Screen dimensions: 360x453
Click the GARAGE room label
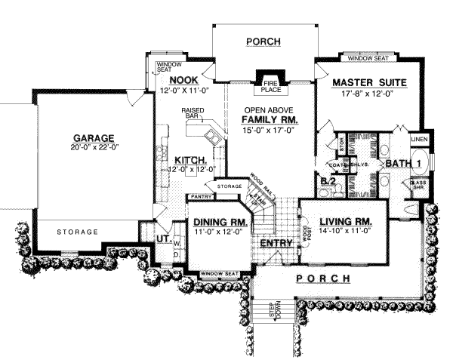pos(93,138)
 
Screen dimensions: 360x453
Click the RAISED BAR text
pos(194,114)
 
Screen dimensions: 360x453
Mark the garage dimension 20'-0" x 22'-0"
pos(93,147)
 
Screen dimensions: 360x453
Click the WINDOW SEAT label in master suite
pos(368,57)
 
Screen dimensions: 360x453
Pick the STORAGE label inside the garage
pos(77,231)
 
